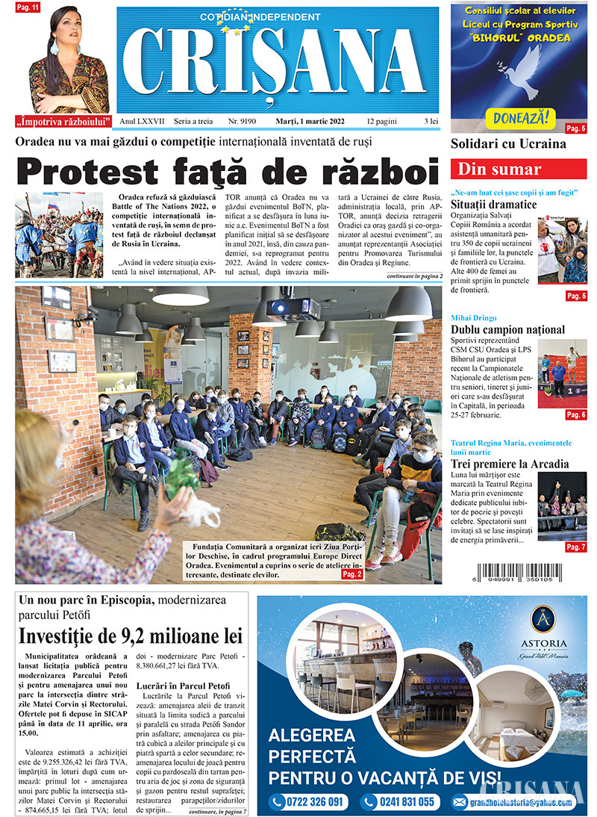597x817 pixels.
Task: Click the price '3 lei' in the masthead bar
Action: tap(431, 120)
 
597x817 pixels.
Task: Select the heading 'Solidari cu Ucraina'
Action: tap(508, 144)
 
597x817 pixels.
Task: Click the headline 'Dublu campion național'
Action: tap(507, 329)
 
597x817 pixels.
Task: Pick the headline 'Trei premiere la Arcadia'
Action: tap(510, 464)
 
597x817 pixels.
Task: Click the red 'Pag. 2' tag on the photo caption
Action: tap(352, 575)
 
